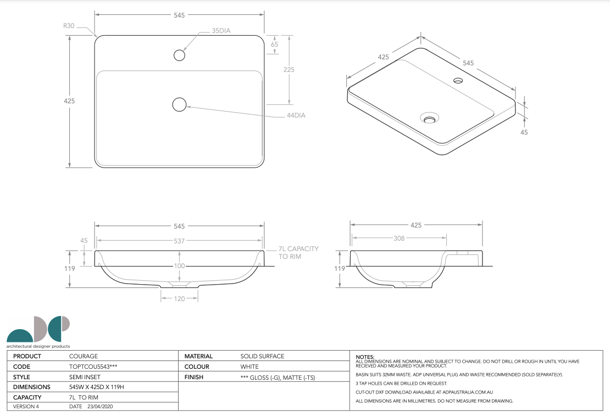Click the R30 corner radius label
[69, 26]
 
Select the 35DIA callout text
[221, 31]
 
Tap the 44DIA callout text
[296, 115]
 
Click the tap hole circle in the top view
[179, 56]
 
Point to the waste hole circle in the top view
[179, 104]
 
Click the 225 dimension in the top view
[289, 70]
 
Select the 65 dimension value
[275, 45]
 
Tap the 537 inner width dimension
[179, 241]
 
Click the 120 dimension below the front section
[179, 299]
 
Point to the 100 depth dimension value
[179, 266]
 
